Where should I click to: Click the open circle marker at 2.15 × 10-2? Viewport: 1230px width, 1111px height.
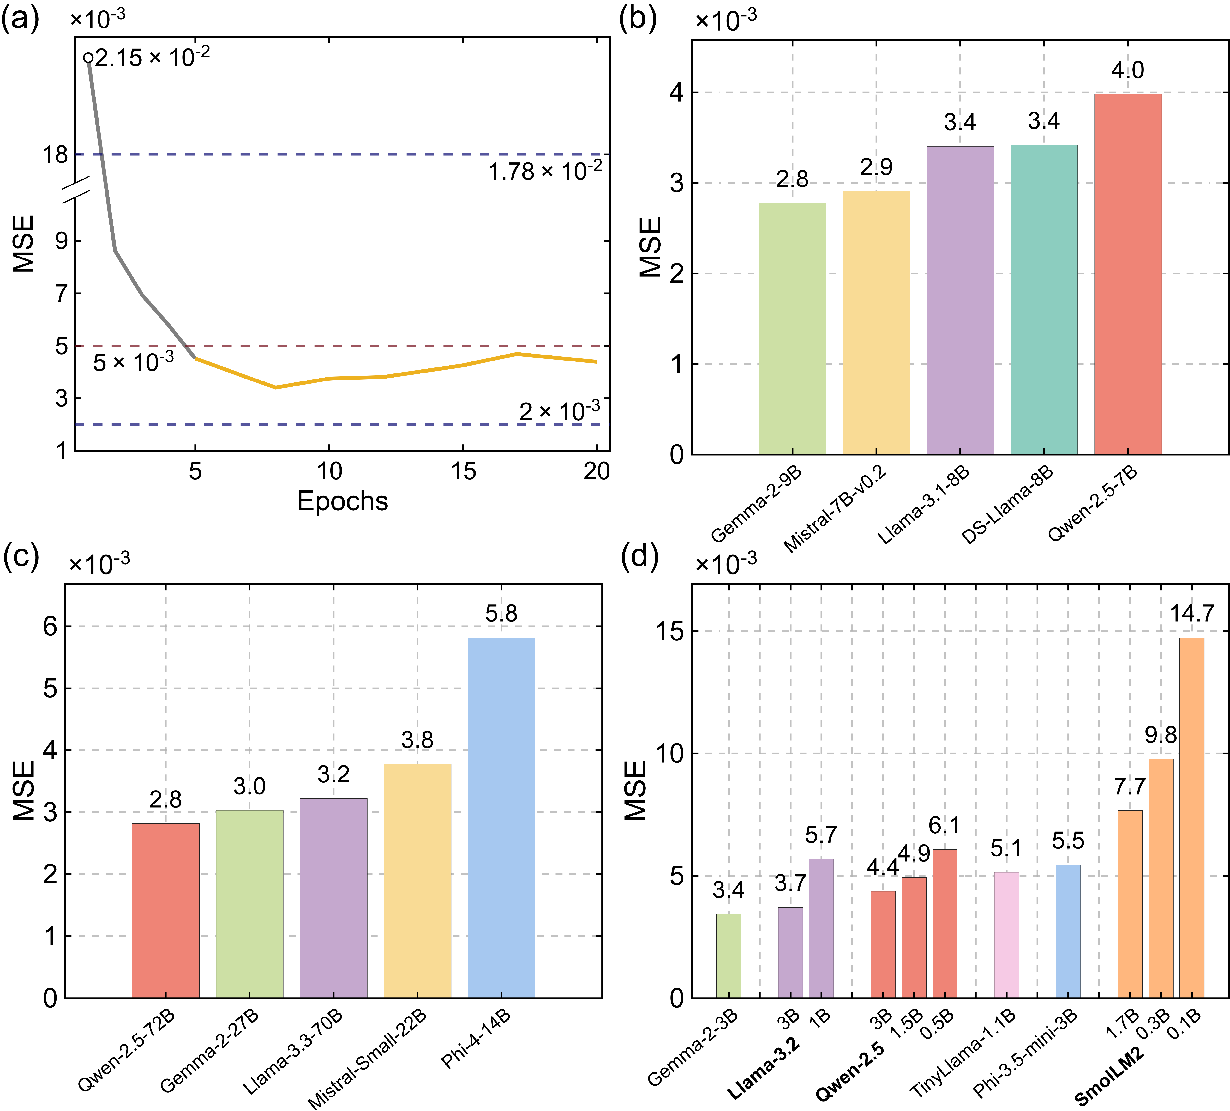88,58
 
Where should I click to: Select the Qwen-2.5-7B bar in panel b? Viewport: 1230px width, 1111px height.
1127,275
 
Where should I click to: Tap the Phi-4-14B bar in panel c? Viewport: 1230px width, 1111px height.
501,818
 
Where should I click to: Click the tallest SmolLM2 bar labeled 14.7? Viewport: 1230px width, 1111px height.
1191,818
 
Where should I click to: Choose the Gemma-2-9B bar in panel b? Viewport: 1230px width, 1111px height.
792,330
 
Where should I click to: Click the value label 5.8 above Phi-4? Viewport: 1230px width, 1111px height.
501,614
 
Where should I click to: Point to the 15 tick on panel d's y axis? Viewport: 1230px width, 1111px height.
669,632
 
